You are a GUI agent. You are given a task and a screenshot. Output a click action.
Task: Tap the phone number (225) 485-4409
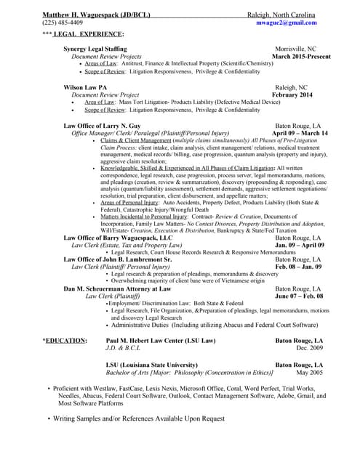pos(63,23)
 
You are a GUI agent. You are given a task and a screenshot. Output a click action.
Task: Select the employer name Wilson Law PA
pos(85,87)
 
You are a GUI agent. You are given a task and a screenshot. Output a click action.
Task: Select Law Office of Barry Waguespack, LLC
pos(118,238)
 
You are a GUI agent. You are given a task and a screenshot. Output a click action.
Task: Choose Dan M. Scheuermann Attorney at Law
pos(117,288)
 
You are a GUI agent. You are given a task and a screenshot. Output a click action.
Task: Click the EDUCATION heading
pos(67,340)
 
